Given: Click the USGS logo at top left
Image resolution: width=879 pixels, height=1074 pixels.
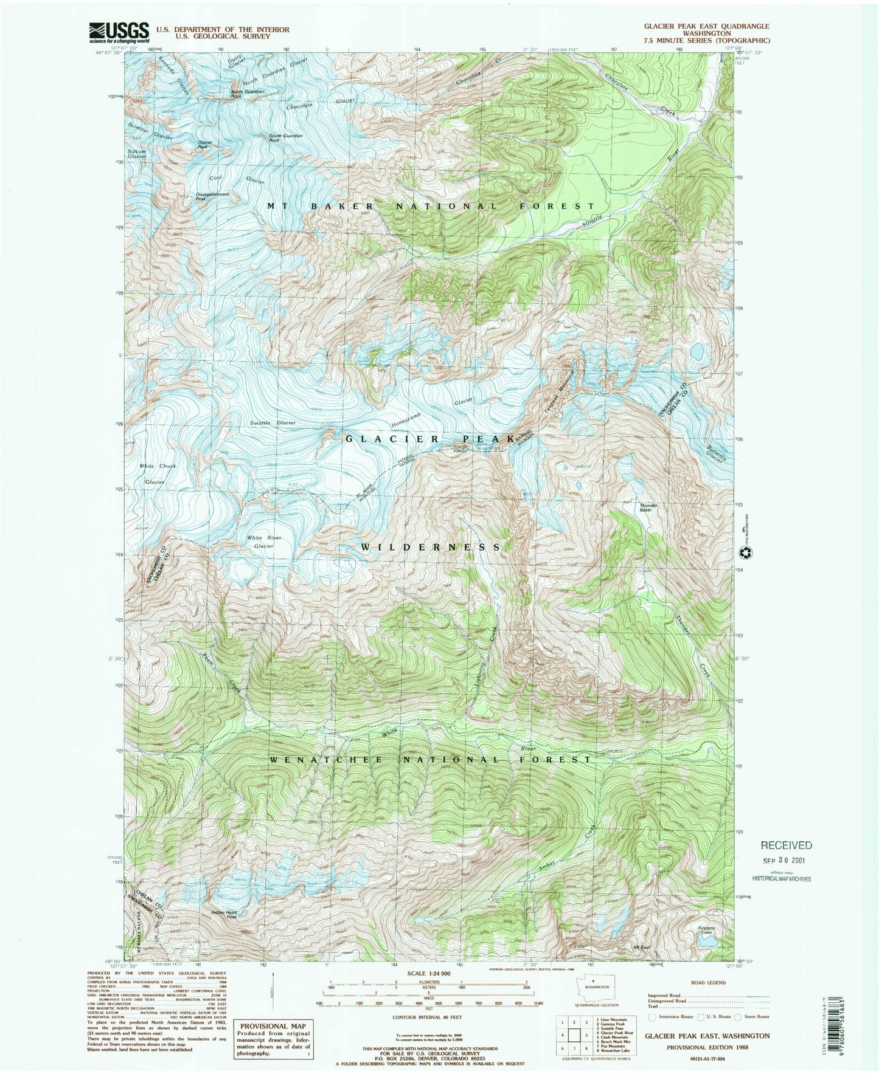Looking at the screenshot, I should coord(119,31).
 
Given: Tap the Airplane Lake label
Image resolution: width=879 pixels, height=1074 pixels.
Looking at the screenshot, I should coord(707,931).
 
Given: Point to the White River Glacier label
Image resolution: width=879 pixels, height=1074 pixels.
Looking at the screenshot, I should coord(260,542).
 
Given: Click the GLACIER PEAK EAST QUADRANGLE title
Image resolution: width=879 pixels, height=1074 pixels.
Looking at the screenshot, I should coord(707,26).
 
